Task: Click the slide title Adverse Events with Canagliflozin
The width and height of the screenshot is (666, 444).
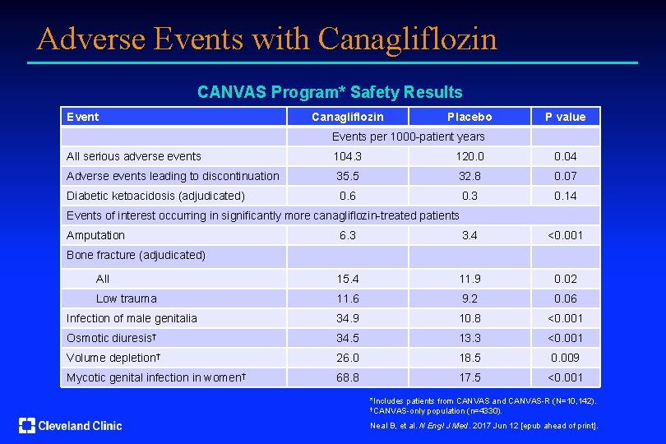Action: (266, 39)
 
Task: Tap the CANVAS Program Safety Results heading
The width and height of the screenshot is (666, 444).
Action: (330, 93)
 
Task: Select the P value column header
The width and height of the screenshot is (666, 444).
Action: (566, 117)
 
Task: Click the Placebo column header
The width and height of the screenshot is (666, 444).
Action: (469, 117)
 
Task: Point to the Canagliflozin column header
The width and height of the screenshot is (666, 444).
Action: (347, 117)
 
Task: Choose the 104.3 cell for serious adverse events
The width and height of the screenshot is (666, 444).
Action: (347, 156)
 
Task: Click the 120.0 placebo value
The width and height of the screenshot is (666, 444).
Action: (469, 156)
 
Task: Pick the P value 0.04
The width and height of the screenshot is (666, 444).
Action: (566, 156)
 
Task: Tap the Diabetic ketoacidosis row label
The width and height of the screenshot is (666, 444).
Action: (155, 196)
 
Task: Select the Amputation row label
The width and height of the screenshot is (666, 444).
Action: (95, 235)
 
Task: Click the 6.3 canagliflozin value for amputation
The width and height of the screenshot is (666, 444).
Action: (347, 235)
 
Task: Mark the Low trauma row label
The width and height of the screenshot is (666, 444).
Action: (126, 298)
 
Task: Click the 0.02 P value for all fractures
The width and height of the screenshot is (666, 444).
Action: (566, 279)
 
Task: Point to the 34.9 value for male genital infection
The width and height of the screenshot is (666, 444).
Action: (347, 318)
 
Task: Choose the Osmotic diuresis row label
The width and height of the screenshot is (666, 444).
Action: (112, 338)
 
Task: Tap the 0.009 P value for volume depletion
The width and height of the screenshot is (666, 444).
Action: (566, 358)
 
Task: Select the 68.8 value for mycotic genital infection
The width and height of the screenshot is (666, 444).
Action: (347, 377)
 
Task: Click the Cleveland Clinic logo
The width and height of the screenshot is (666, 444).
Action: (71, 425)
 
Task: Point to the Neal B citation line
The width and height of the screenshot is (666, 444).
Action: (485, 425)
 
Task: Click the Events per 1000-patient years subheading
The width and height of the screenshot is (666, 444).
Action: (408, 136)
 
